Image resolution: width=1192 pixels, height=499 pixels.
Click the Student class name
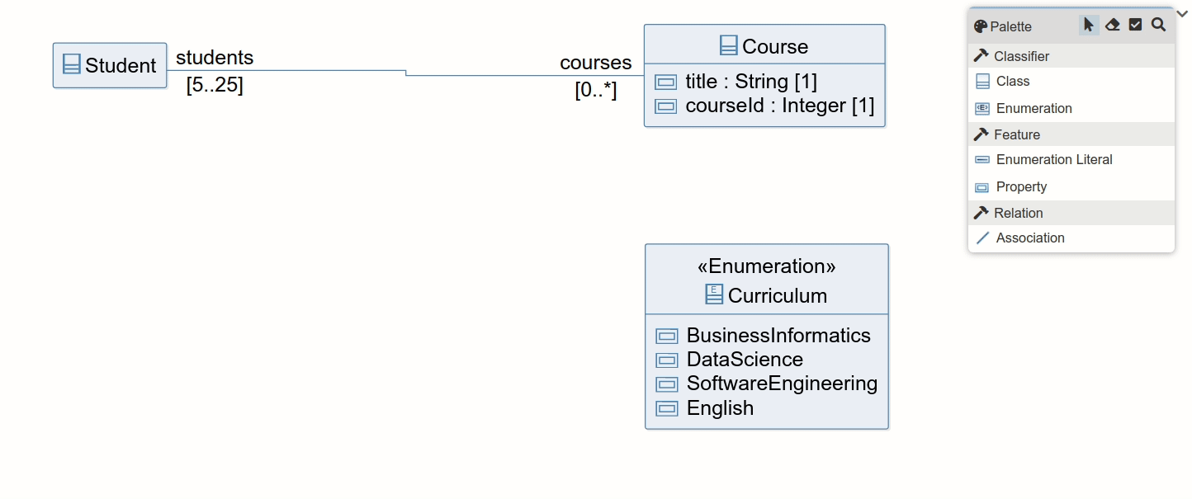pyautogui.click(x=120, y=66)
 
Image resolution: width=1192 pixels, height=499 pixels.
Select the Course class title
pyautogui.click(x=774, y=46)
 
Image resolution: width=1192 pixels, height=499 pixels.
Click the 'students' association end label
pyautogui.click(x=215, y=58)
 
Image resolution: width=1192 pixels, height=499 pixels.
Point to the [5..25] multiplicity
pyautogui.click(x=215, y=86)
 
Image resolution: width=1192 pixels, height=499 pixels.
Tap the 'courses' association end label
pyautogui.click(x=595, y=63)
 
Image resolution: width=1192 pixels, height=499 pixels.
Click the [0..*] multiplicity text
pyautogui.click(x=595, y=91)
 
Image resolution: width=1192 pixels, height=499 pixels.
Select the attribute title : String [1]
pyautogui.click(x=750, y=82)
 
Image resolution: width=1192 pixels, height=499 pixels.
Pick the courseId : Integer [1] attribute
pyautogui.click(x=779, y=106)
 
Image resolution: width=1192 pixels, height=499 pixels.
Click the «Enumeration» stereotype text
pyautogui.click(x=766, y=266)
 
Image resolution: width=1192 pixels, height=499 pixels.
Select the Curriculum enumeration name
pyautogui.click(x=777, y=295)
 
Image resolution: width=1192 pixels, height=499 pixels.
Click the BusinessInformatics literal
pyautogui.click(x=778, y=336)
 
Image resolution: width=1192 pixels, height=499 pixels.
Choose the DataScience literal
pyautogui.click(x=744, y=360)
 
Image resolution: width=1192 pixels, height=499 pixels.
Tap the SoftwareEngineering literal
pyautogui.click(x=781, y=384)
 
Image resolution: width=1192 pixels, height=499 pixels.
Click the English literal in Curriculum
pyautogui.click(x=720, y=408)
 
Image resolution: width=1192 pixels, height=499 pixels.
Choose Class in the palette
pyautogui.click(x=1012, y=82)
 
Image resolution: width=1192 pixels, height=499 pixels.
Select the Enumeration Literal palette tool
pyautogui.click(x=1053, y=160)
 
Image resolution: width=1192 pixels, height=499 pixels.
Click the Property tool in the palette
pyautogui.click(x=1020, y=187)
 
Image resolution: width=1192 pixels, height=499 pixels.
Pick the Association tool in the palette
pyautogui.click(x=1029, y=238)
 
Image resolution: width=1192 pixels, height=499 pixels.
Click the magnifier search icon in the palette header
pyautogui.click(x=1158, y=26)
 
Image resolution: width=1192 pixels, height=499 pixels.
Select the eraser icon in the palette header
pyautogui.click(x=1112, y=26)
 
